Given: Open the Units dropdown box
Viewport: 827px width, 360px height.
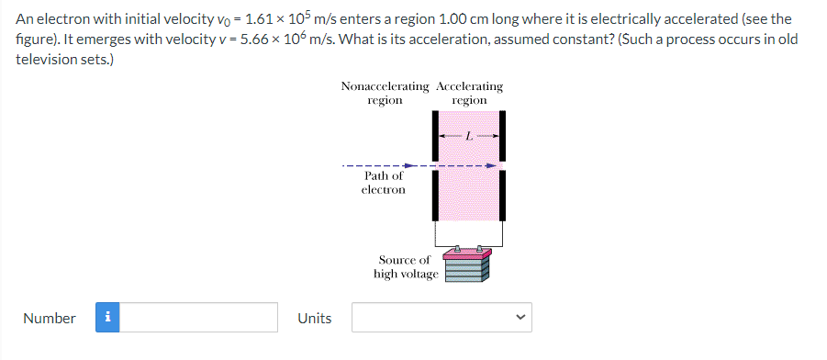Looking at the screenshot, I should [441, 318].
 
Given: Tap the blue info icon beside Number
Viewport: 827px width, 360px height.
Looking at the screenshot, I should [108, 318].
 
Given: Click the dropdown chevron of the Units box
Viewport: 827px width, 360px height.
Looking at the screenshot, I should [520, 319].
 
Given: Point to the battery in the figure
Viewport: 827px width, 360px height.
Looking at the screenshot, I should [467, 265].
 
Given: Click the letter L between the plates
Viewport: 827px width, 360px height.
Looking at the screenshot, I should [468, 136].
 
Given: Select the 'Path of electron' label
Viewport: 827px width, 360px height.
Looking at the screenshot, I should [383, 182].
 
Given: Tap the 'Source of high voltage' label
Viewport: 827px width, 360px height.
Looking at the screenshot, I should [406, 267].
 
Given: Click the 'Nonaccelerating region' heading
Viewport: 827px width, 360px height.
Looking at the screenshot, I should [385, 93].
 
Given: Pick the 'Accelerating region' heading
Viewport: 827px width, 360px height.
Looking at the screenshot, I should [470, 93].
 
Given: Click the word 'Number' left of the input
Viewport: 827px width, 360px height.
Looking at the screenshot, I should [50, 318].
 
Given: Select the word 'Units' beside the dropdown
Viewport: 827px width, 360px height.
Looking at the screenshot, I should [315, 318].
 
